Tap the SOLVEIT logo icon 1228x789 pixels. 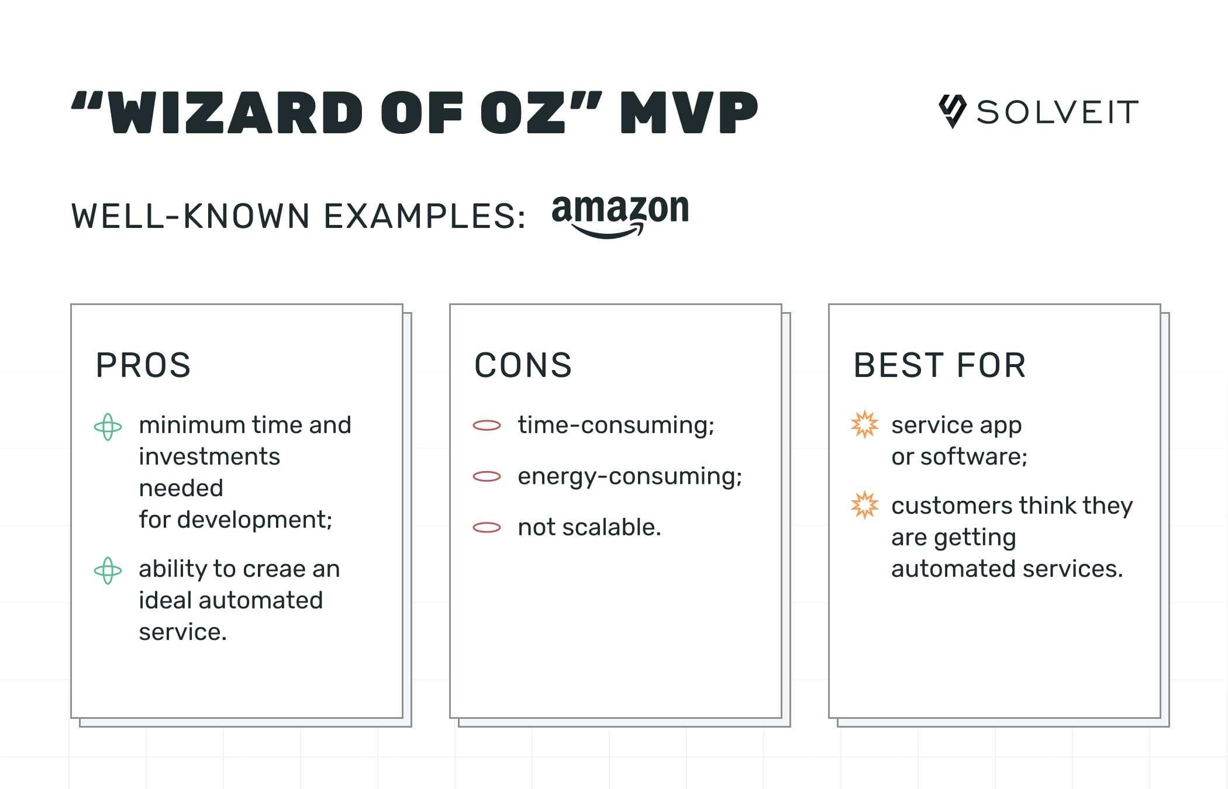[x=952, y=111]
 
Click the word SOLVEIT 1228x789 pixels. [x=1057, y=112]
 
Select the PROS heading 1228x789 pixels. [x=143, y=365]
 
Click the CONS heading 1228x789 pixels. [x=523, y=365]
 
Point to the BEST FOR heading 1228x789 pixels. [x=940, y=365]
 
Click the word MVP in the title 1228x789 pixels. [x=689, y=112]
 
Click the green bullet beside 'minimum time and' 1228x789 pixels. [x=108, y=427]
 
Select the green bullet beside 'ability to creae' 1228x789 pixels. [x=108, y=570]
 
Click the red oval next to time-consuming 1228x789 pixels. [x=487, y=425]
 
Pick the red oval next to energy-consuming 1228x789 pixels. [x=487, y=477]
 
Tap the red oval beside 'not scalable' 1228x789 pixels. [x=487, y=528]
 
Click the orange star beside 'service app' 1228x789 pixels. [x=864, y=425]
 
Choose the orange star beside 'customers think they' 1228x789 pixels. [x=864, y=506]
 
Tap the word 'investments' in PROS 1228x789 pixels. [x=209, y=456]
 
